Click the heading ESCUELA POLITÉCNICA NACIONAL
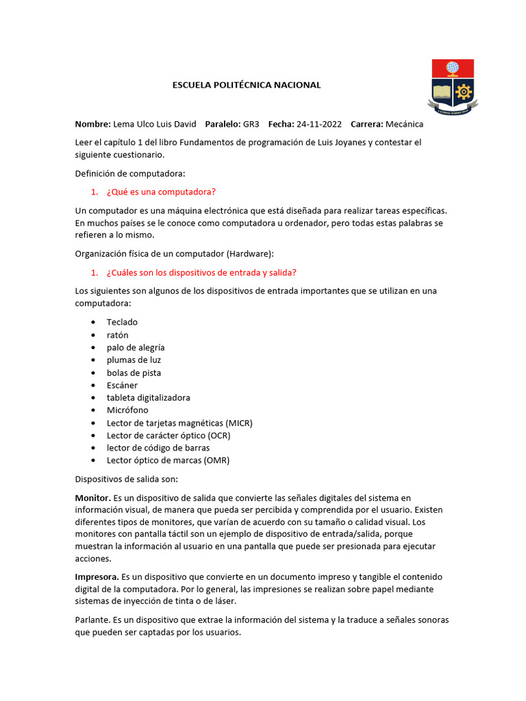pos(245,85)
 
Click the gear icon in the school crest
pos(464,91)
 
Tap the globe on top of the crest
pos(452,68)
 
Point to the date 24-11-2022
pos(318,124)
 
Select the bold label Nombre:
pos(92,124)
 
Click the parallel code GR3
pos(251,124)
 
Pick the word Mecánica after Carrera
pos(405,124)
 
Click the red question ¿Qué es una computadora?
pos(162,192)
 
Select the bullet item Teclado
pos(122,322)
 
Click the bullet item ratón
pos(117,335)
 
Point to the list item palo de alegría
pos(136,347)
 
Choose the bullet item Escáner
pos(122,385)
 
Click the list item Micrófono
pos(127,410)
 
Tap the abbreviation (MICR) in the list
pos(238,422)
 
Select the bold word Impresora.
pos(97,576)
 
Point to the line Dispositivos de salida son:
pos(126,479)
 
